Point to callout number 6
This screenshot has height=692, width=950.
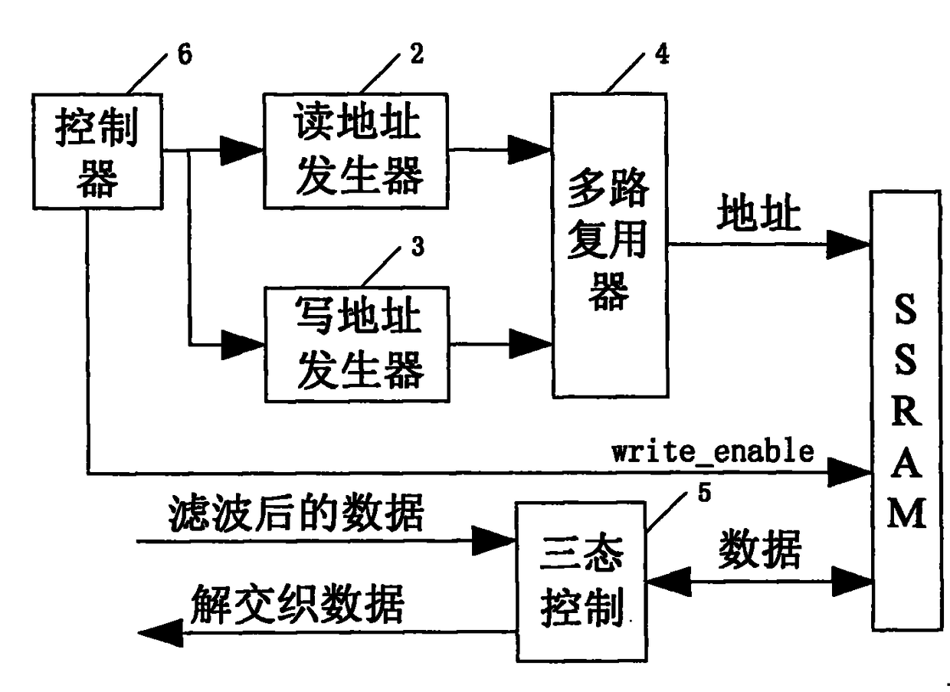tap(185, 54)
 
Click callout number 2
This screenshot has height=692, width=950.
tap(417, 54)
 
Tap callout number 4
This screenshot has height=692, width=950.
tap(662, 54)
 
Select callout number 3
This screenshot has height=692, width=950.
tap(418, 247)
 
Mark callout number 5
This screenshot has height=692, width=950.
tap(704, 493)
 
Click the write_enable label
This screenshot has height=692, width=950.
tap(712, 451)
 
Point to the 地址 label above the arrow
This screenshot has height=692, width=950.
tap(758, 212)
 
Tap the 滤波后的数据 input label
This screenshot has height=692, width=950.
tap(296, 513)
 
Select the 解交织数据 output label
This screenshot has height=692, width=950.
tap(297, 604)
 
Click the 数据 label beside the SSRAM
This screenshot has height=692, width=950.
tap(759, 549)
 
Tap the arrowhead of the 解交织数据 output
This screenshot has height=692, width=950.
tap(161, 633)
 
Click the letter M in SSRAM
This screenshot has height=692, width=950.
tap(906, 513)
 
